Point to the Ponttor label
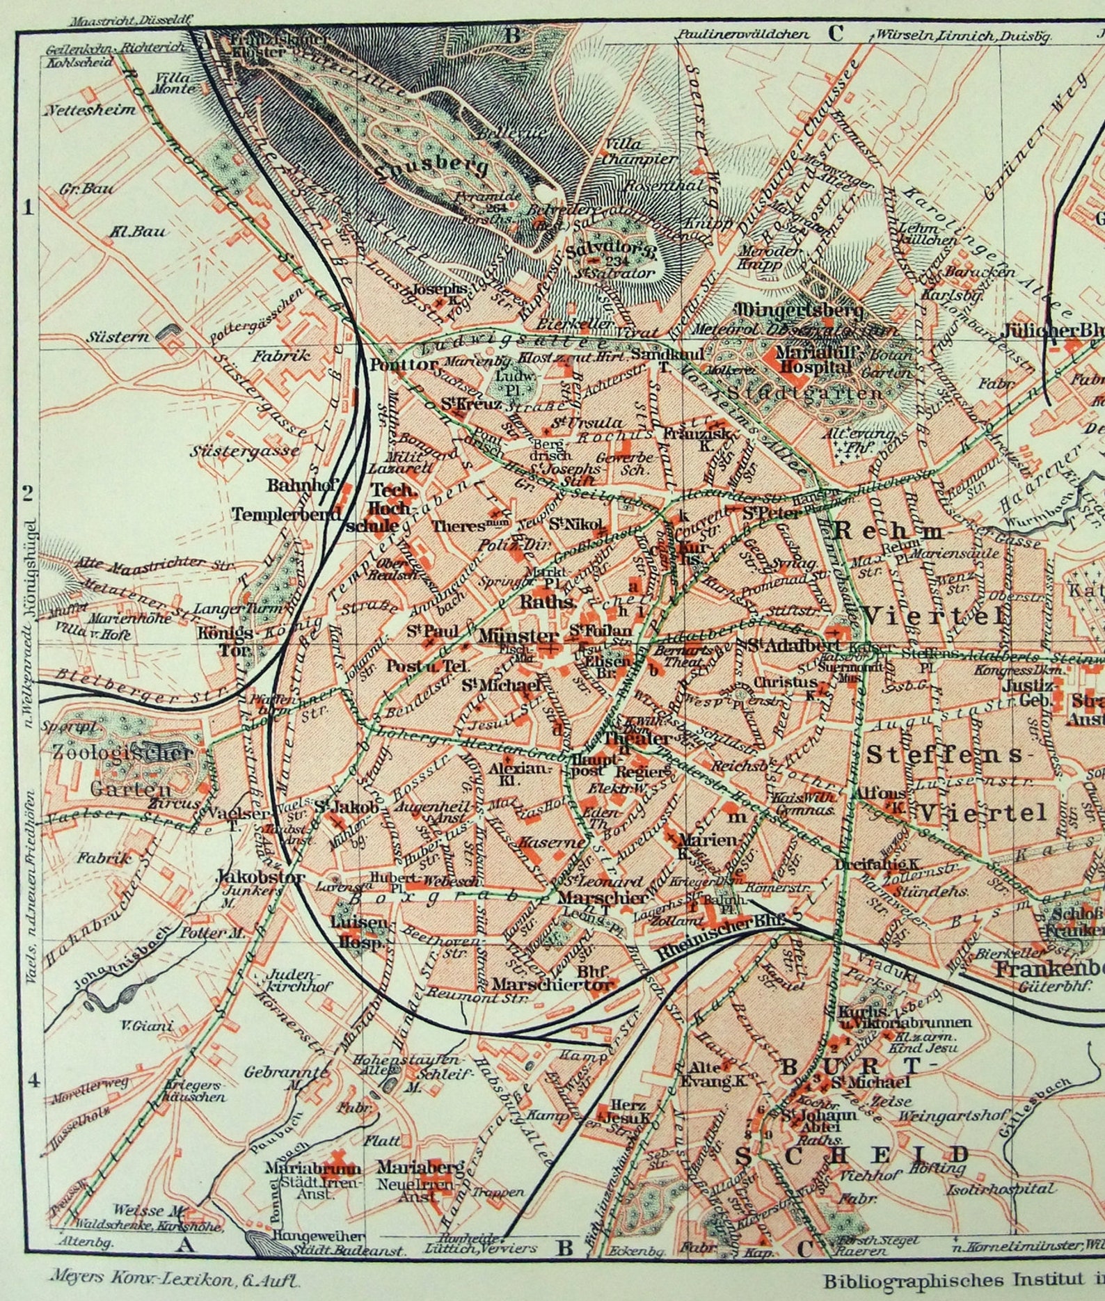[404, 364]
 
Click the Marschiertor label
[553, 984]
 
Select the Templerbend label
[287, 514]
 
